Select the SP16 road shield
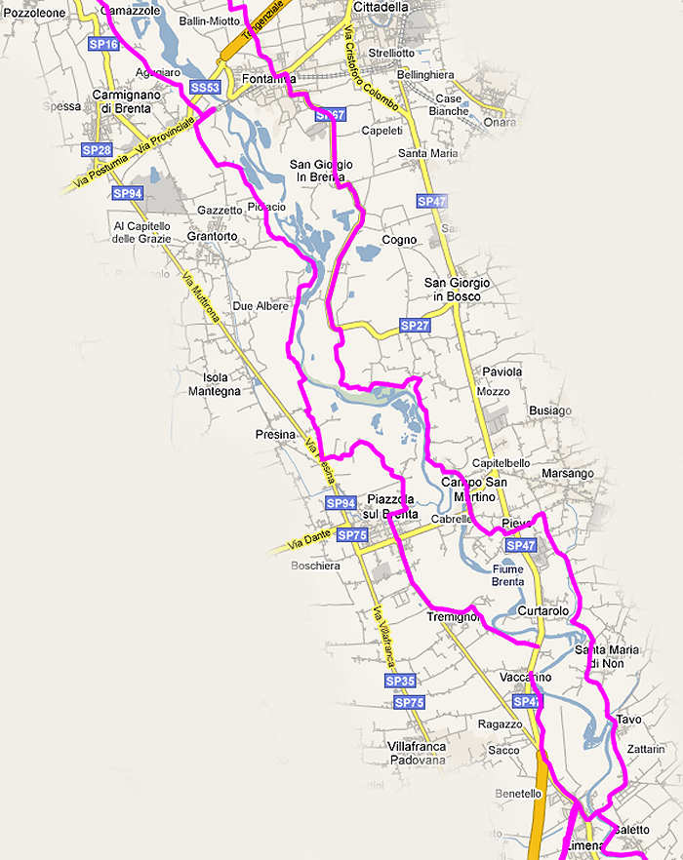click(102, 45)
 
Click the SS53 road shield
click(205, 88)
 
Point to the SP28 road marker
click(97, 150)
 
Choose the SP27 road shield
click(415, 325)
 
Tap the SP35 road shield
click(400, 681)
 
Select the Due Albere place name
click(261, 306)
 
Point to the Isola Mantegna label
click(221, 384)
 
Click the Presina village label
click(275, 435)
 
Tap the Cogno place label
click(399, 240)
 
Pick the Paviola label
click(502, 372)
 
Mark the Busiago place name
click(550, 410)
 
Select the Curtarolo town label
click(543, 610)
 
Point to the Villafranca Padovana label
click(417, 754)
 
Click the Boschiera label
click(316, 566)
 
